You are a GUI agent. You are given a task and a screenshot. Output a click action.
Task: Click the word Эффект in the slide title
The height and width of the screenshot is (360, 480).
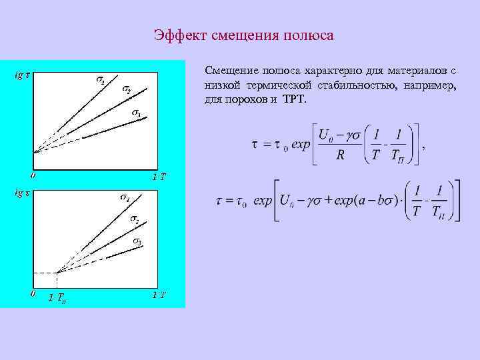(x=179, y=35)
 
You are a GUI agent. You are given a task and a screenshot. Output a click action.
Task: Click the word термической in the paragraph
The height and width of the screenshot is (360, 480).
(x=286, y=85)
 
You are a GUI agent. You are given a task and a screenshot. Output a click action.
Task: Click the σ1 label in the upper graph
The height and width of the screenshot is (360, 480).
(x=99, y=80)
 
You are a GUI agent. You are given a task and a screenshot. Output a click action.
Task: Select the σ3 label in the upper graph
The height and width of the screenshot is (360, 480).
(x=135, y=113)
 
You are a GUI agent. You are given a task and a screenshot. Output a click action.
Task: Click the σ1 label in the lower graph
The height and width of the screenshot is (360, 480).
(x=125, y=197)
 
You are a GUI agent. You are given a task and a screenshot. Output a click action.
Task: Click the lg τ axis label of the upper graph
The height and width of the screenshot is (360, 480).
(x=22, y=75)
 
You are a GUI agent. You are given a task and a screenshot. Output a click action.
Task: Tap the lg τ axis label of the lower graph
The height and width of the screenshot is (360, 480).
(x=22, y=193)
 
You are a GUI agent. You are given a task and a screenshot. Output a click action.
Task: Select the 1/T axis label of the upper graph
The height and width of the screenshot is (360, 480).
(x=159, y=177)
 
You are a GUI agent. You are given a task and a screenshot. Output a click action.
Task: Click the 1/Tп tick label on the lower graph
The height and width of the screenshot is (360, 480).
(x=57, y=297)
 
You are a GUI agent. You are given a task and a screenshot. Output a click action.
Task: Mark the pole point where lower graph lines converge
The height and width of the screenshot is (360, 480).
(x=57, y=273)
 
